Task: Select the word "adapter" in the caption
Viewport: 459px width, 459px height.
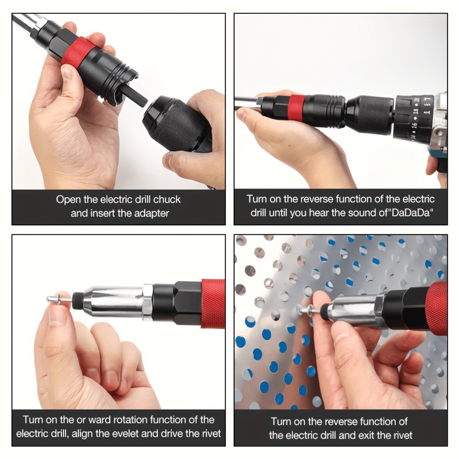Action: [x=151, y=213]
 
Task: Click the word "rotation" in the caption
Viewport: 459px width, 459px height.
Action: [x=129, y=420]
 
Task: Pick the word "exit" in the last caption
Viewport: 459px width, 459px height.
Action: [x=370, y=435]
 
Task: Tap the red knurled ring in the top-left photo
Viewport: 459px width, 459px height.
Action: [x=78, y=52]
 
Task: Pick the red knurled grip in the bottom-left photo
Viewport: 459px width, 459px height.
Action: [x=213, y=303]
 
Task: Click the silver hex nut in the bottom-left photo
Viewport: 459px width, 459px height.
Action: [x=148, y=302]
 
